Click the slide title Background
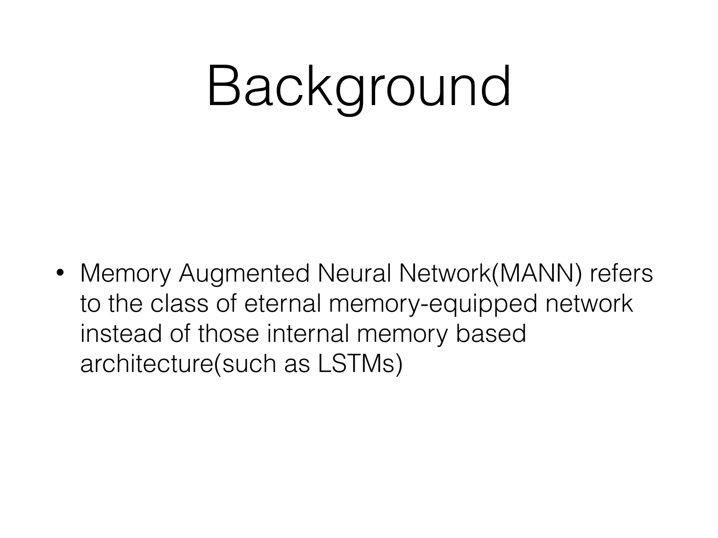point(359,87)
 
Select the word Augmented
point(244,274)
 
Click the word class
point(179,303)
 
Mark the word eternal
point(283,303)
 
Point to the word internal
point(308,333)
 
